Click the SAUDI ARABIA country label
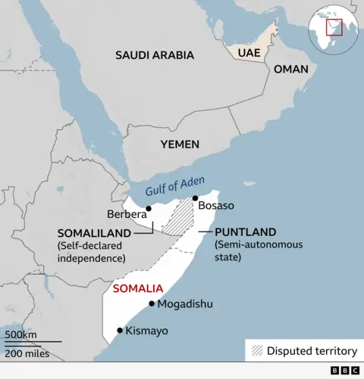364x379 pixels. [x=154, y=55]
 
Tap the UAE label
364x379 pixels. [x=249, y=53]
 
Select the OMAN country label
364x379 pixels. [x=290, y=69]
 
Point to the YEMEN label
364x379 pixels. [x=180, y=144]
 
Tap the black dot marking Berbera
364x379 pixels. [x=149, y=209]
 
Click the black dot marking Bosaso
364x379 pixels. [x=195, y=198]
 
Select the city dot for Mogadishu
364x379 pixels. [x=152, y=304]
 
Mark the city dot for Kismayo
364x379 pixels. [x=120, y=330]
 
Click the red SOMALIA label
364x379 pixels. [x=137, y=288]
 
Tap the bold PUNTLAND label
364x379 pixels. [x=245, y=232]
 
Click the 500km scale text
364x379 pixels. [x=20, y=335]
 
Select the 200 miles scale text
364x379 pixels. [x=27, y=353]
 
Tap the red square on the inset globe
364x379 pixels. [x=334, y=26]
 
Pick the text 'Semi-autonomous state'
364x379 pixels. [x=258, y=251]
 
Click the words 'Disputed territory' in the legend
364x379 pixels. [x=312, y=351]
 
